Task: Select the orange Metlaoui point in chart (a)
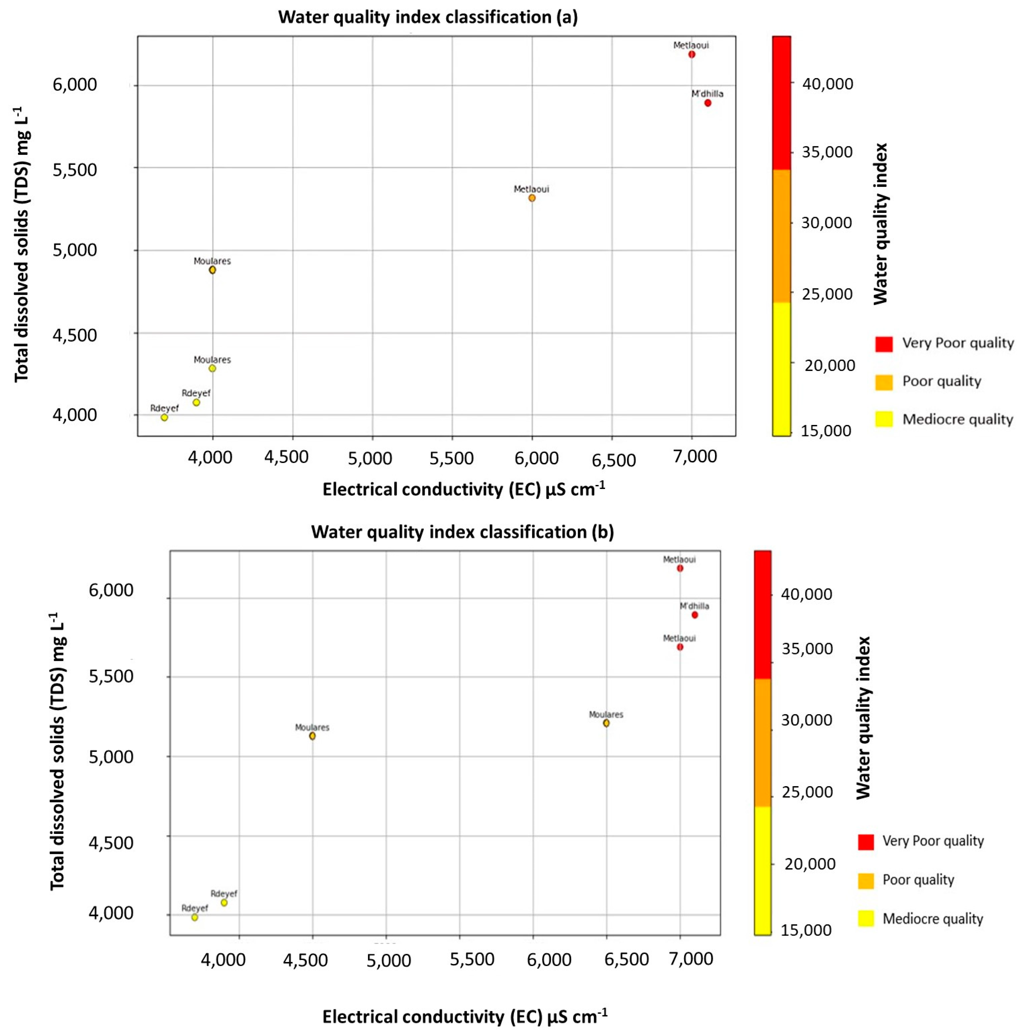(532, 198)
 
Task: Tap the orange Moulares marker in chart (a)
(212, 270)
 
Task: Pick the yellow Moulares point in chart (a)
(212, 368)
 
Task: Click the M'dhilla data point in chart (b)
(694, 615)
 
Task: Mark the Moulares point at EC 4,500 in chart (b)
(312, 736)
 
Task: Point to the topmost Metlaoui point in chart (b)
(680, 568)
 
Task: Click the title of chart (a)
(427, 17)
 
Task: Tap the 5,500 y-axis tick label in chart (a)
(74, 170)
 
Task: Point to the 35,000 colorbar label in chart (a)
(826, 152)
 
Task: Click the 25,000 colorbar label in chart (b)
(807, 792)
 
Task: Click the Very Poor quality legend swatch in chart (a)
(884, 344)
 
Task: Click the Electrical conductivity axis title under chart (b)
(464, 1016)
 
